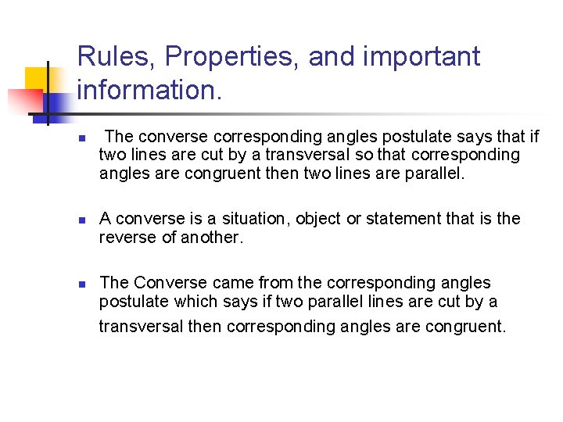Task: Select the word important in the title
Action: (x=394, y=57)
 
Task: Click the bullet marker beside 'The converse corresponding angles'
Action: (x=81, y=138)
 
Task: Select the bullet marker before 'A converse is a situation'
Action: (x=81, y=220)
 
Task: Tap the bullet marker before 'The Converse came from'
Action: (x=81, y=284)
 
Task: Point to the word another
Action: (x=213, y=238)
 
